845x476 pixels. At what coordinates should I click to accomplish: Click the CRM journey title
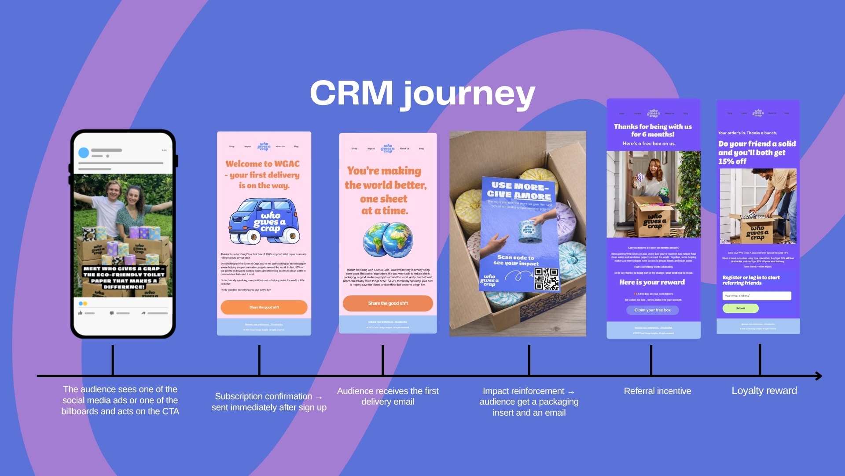coord(422,93)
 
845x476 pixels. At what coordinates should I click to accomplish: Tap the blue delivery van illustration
coord(264,222)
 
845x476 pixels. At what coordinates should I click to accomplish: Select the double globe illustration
coord(388,239)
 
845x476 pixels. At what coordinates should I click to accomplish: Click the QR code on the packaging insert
coord(546,279)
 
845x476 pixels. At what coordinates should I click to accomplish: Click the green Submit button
coord(741,309)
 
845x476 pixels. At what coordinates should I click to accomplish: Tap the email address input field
coord(757,296)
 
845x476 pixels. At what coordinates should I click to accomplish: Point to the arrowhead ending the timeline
coord(819,376)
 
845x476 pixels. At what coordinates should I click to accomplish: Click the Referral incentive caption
coord(657,391)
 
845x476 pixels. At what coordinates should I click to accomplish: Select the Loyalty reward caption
coord(764,390)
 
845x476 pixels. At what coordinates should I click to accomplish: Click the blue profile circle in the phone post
coord(84,152)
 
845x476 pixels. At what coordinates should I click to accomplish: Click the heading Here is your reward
coord(652,282)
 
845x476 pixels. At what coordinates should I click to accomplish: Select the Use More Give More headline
coord(519,191)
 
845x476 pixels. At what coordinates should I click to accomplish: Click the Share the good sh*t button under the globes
coord(388,303)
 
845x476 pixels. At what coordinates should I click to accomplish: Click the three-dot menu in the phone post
coord(164,150)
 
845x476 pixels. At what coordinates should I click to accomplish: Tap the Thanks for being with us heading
coord(653,130)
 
